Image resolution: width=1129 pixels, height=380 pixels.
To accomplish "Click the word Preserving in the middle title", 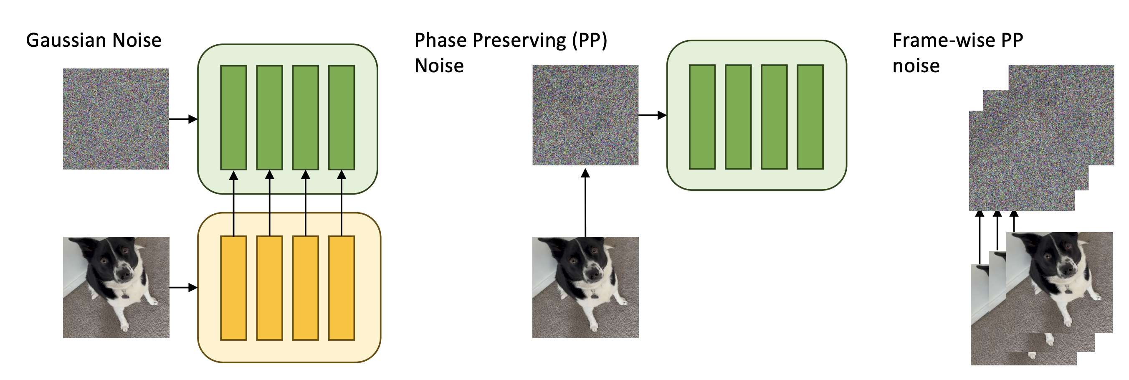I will click(519, 41).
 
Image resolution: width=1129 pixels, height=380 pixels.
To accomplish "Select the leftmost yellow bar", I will click(233, 288).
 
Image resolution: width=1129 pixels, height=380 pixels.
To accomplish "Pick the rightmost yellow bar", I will click(342, 288).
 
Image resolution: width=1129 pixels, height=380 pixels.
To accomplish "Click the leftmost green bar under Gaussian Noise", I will click(233, 117).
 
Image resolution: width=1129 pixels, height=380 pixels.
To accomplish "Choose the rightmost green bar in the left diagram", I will click(342, 117).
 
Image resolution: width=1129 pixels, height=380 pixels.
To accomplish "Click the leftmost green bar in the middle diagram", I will click(702, 117).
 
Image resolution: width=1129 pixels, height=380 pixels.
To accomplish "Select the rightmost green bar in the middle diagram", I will click(810, 117).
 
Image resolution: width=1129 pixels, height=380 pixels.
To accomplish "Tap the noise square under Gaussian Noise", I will click(116, 119).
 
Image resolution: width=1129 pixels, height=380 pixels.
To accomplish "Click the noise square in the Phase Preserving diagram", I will click(585, 115).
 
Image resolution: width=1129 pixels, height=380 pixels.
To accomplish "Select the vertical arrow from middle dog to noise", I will click(585, 202).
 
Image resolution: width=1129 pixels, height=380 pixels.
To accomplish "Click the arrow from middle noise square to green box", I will click(652, 115).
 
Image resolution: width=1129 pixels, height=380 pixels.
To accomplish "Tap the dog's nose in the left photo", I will click(124, 275).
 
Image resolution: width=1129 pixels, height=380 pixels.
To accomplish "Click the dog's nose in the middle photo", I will click(594, 275).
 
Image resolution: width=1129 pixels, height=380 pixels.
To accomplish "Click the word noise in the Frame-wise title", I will click(916, 66).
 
